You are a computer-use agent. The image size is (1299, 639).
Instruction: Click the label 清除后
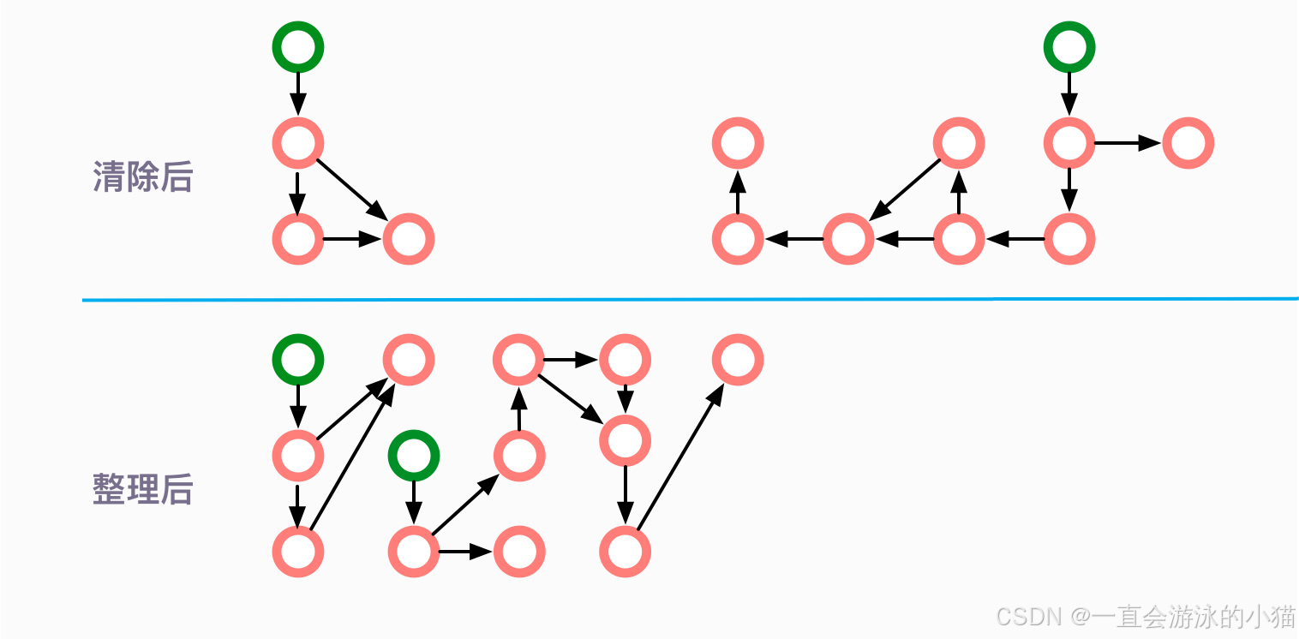point(142,177)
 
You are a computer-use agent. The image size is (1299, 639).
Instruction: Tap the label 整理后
point(142,489)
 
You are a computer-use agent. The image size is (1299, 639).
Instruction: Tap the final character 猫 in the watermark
point(1283,616)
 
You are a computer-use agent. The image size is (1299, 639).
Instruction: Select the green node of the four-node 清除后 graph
point(298,46)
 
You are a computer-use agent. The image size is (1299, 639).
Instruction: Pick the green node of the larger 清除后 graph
point(1069,46)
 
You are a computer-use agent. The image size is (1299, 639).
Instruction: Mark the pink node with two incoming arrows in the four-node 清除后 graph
point(409,238)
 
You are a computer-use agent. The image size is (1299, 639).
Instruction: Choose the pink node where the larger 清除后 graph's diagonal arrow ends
point(848,238)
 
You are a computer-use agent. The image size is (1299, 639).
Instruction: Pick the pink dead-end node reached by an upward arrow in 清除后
point(738,142)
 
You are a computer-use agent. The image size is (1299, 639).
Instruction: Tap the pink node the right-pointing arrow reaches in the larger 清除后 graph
point(1188,142)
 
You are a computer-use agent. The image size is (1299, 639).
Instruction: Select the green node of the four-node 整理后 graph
point(298,359)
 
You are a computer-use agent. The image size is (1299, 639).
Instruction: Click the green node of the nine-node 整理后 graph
point(413,455)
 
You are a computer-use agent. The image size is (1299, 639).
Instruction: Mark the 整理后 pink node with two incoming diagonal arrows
point(409,359)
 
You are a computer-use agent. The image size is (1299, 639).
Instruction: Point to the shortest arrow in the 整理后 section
point(626,399)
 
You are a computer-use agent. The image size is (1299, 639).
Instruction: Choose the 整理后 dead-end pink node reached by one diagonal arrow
point(738,359)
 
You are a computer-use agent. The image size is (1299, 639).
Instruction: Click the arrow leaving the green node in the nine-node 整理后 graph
point(413,501)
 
